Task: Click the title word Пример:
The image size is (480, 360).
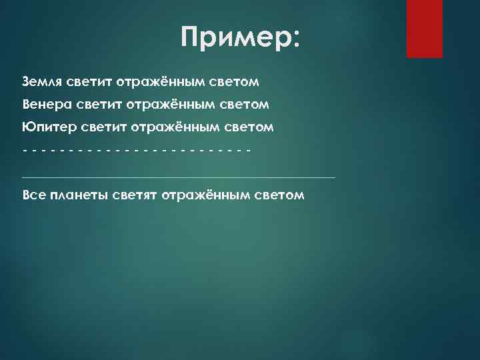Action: tap(240, 38)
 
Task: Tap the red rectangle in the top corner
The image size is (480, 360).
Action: tap(425, 28)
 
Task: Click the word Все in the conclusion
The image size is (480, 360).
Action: tap(33, 195)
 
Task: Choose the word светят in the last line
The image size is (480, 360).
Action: tap(133, 195)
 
